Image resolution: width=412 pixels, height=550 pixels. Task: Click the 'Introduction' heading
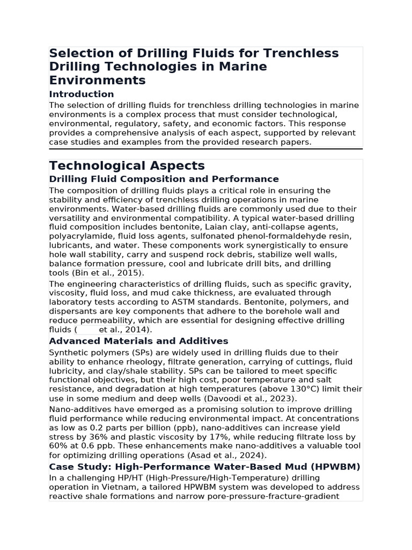click(x=82, y=95)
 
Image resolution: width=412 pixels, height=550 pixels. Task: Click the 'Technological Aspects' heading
click(x=127, y=165)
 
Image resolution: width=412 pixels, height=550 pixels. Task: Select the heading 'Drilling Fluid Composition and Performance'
click(x=164, y=179)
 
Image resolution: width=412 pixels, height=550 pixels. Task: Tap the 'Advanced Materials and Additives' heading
click(x=138, y=341)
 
